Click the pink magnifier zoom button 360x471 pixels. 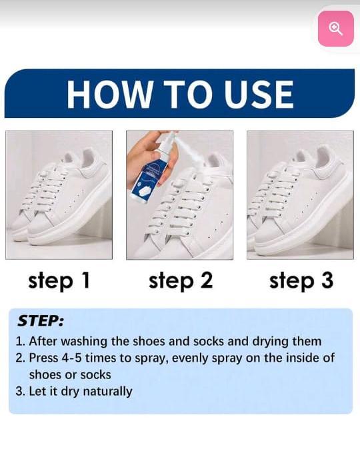tap(335, 29)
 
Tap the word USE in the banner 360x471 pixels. tap(259, 95)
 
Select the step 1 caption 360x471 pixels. tap(59, 281)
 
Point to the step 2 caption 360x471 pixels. tap(181, 281)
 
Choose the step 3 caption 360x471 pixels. tap(301, 281)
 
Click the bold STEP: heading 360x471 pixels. tap(41, 321)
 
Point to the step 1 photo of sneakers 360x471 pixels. tap(59, 195)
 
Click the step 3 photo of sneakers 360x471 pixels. tap(300, 195)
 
